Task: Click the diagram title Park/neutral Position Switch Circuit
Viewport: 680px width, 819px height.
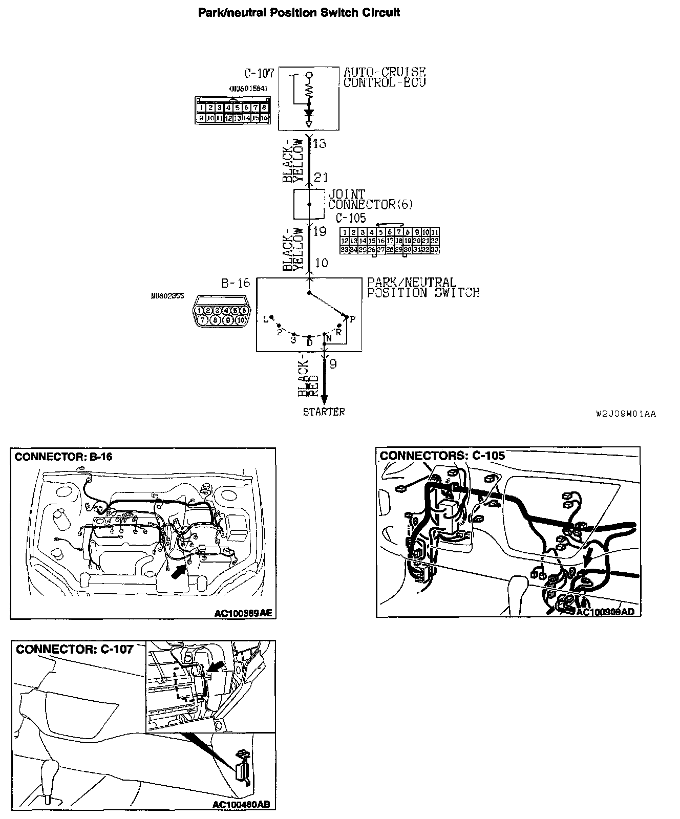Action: [x=299, y=12]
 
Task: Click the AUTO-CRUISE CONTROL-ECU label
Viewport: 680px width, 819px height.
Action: [x=384, y=77]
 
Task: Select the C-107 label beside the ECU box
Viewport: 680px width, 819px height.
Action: [x=260, y=73]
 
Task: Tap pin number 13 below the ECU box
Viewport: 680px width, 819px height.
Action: [x=320, y=143]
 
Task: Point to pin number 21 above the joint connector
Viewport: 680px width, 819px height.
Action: [x=321, y=178]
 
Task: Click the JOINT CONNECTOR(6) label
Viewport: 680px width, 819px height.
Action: [x=370, y=199]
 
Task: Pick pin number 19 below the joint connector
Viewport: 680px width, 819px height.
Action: [x=320, y=231]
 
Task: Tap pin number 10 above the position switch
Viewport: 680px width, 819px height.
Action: [x=321, y=263]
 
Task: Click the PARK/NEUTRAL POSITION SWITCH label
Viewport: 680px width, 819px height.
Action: [x=423, y=288]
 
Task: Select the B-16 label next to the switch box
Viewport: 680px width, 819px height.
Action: [x=236, y=283]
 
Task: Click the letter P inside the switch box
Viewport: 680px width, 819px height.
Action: [x=352, y=319]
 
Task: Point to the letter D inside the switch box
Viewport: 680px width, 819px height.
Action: [x=309, y=342]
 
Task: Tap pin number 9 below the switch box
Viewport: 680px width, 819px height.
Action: [x=333, y=364]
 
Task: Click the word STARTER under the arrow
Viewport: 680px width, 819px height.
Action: [x=324, y=412]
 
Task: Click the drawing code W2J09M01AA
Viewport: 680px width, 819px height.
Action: [x=626, y=414]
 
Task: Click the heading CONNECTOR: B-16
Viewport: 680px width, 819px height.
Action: [x=63, y=457]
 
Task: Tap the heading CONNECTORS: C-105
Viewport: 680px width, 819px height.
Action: [x=442, y=456]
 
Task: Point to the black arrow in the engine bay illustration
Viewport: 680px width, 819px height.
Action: [x=177, y=571]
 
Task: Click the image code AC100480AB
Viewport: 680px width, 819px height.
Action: [x=241, y=805]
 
